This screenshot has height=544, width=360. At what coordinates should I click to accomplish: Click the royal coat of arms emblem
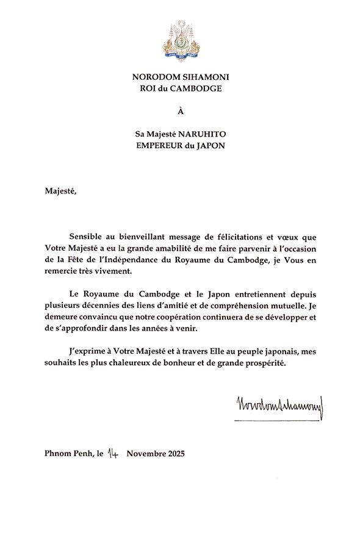pyautogui.click(x=181, y=40)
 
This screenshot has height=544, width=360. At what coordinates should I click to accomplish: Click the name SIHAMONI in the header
pyautogui.click(x=200, y=77)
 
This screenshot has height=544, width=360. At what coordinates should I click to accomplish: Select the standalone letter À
pyautogui.click(x=180, y=111)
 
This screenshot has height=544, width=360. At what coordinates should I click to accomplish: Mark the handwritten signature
pyautogui.click(x=278, y=406)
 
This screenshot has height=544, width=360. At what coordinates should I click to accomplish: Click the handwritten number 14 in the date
pyautogui.click(x=113, y=453)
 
